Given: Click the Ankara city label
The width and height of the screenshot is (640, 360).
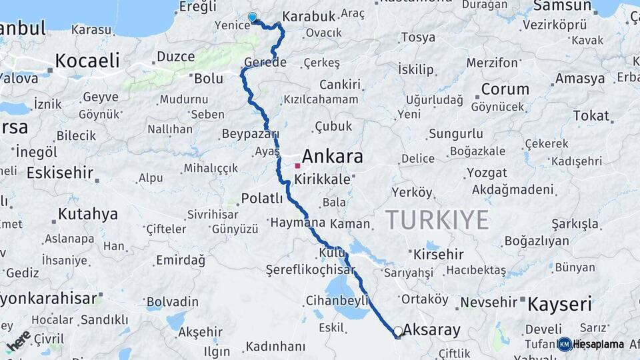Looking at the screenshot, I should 333,157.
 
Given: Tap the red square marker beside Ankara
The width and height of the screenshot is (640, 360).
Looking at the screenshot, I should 297,165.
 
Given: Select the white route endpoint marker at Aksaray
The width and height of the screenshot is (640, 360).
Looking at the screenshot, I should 398,331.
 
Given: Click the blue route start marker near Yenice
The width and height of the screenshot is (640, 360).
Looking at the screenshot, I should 253,18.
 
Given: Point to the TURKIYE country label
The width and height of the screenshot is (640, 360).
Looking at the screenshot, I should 437,219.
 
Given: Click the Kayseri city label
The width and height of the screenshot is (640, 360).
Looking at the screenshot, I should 560,305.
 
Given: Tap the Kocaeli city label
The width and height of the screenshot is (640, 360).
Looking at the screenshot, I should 87,61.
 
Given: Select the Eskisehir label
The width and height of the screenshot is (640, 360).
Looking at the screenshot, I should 59,173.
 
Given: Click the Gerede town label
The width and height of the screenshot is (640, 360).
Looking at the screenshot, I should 265,62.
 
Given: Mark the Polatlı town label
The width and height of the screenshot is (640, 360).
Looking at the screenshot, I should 262,198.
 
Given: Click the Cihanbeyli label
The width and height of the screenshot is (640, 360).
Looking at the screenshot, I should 337,300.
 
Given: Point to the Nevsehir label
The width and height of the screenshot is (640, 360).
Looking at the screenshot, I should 489,302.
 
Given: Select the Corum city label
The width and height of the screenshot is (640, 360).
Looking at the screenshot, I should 505,89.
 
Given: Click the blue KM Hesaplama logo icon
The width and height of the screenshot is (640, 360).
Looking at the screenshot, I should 565,344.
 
